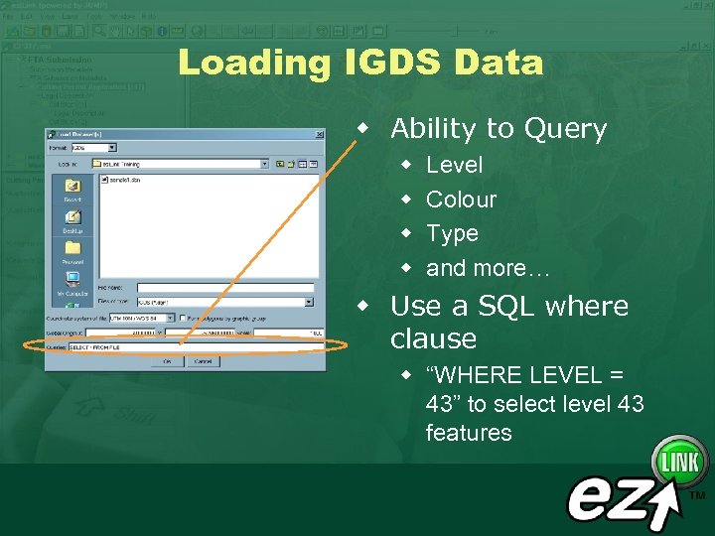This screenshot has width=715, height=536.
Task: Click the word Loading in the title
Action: point(254,64)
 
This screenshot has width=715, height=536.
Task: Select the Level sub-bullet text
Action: point(454,165)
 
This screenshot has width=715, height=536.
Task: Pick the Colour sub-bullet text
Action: point(461,200)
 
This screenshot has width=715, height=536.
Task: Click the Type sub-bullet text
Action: point(452,234)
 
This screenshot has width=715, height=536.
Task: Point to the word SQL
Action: point(502,306)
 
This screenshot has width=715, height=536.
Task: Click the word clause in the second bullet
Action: point(433,338)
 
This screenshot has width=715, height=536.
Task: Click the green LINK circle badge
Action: point(679,462)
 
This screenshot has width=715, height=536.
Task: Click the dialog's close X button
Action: point(319,134)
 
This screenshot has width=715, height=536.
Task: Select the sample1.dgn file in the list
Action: point(122,180)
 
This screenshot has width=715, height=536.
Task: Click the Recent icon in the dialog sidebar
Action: point(72,189)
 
